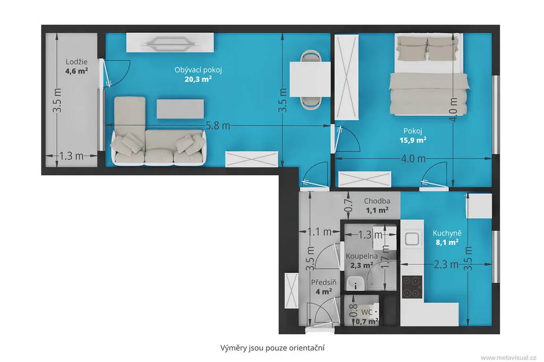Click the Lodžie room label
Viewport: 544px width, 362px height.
point(76,62)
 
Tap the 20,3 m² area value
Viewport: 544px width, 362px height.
point(198,79)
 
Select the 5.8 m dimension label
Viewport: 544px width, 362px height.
point(218,125)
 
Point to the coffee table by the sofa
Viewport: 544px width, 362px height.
point(180,109)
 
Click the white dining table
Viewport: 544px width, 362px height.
point(310,79)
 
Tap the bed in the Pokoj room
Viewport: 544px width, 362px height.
point(429,74)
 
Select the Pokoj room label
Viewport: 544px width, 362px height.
point(413,131)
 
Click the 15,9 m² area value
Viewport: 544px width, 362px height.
point(413,140)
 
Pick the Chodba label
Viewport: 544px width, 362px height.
point(377,201)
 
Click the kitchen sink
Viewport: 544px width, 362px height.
point(412,238)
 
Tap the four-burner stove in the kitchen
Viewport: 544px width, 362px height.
point(412,287)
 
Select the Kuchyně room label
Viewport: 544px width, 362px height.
point(447,234)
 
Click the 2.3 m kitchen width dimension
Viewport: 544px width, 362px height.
point(446,264)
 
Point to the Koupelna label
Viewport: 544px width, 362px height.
point(361,256)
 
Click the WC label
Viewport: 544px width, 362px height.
point(367,313)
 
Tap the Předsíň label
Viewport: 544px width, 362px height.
point(324,282)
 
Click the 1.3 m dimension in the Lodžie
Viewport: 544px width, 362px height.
point(71,156)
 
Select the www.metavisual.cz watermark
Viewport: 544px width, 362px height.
point(508,358)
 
